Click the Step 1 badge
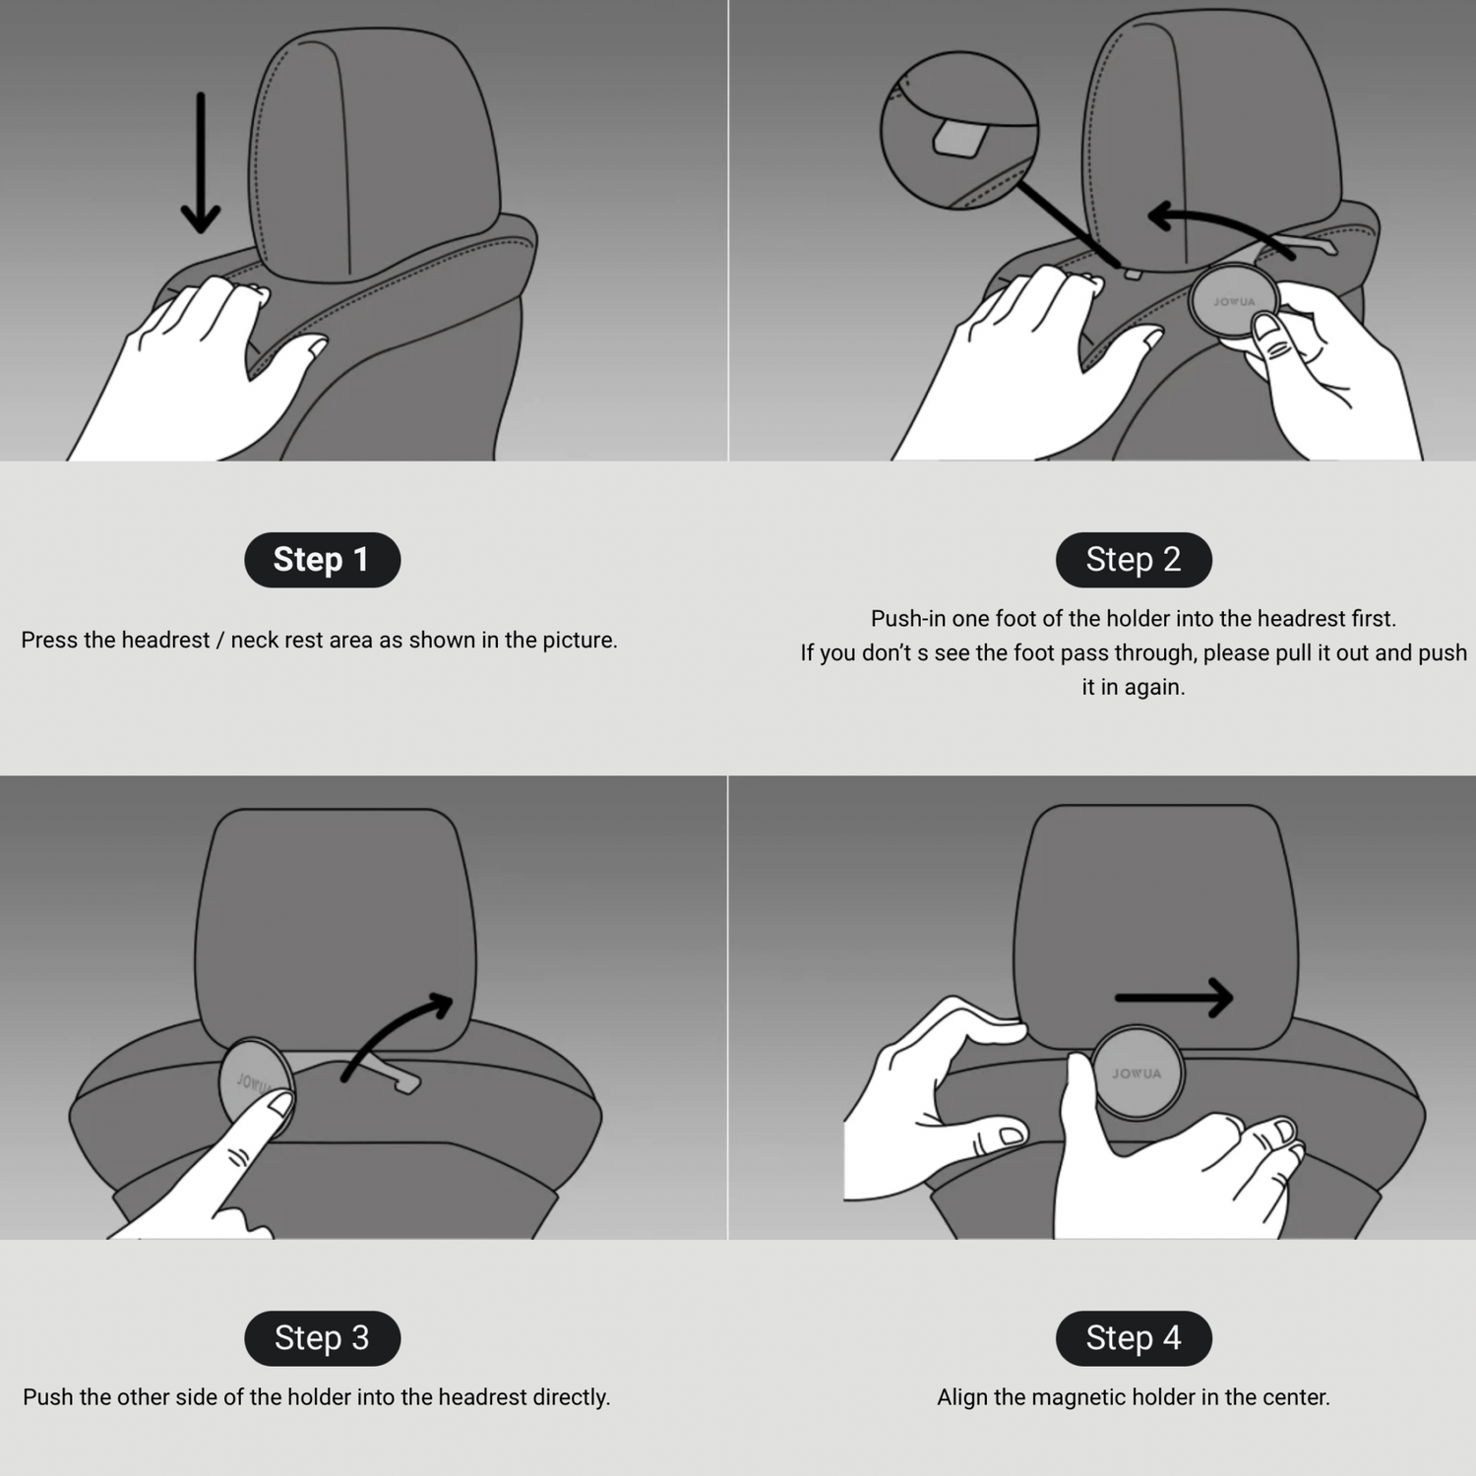pyautogui.click(x=322, y=560)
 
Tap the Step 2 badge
pyautogui.click(x=1134, y=560)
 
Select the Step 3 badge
pyautogui.click(x=322, y=1338)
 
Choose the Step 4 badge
pyautogui.click(x=1134, y=1338)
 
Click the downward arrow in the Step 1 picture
pyautogui.click(x=201, y=162)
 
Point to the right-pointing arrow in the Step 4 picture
pyautogui.click(x=1174, y=998)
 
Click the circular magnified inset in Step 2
pyautogui.click(x=959, y=131)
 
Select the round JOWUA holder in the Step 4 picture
pyautogui.click(x=1138, y=1074)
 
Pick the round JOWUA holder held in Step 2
pyautogui.click(x=1234, y=302)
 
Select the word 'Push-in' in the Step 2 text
pyautogui.click(x=908, y=619)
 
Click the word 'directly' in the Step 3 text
pyautogui.click(x=571, y=1397)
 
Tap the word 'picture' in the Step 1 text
pyautogui.click(x=578, y=641)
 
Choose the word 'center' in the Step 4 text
pyautogui.click(x=1295, y=1397)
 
